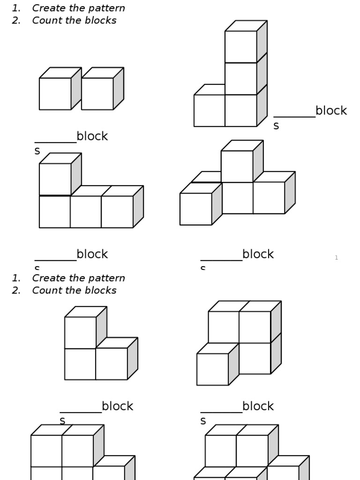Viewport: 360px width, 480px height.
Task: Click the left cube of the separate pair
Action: [55, 94]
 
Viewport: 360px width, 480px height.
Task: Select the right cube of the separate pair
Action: [97, 94]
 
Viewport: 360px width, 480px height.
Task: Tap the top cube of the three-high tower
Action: [241, 46]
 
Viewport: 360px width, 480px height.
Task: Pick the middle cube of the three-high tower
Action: [241, 78]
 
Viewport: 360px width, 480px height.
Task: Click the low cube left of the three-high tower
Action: [210, 110]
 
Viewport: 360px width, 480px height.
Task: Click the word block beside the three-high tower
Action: [331, 111]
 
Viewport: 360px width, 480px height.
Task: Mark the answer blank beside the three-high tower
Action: [294, 116]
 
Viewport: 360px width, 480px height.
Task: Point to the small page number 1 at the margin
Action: [336, 258]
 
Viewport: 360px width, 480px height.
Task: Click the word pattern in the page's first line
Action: [107, 8]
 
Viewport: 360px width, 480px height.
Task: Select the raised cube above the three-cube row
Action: [55, 179]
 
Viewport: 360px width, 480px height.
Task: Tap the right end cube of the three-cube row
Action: [117, 211]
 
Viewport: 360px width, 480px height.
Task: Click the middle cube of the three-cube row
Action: [86, 211]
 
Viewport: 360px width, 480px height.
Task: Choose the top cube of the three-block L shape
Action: [81, 332]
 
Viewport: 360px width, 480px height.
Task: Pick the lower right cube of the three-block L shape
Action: [112, 364]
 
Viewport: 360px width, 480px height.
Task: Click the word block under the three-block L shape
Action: [117, 406]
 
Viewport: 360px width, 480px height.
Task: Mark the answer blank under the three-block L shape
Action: [81, 412]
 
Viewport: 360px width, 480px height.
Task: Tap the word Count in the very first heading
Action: [45, 21]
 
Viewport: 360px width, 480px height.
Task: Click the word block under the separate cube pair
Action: [92, 136]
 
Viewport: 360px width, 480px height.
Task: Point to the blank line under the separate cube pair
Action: [55, 142]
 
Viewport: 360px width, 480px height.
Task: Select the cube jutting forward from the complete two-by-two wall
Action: [213, 369]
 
